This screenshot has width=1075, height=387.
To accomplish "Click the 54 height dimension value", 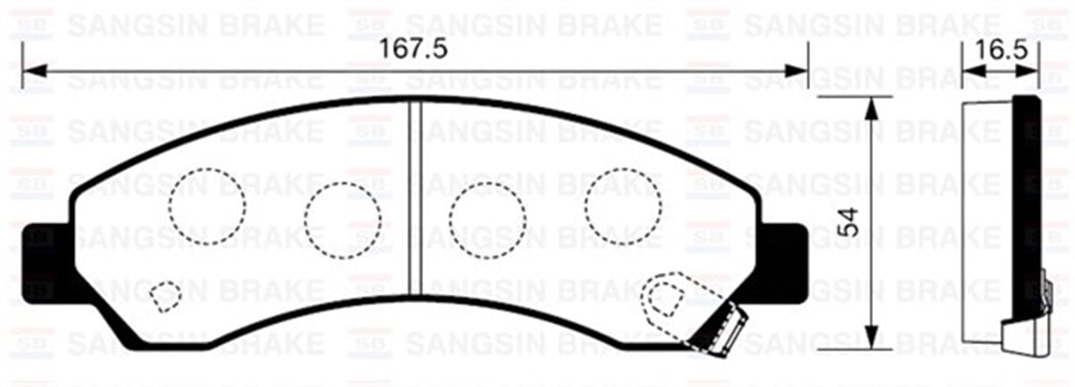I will coord(849,221).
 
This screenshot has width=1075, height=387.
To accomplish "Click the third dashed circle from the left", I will coord(486,219).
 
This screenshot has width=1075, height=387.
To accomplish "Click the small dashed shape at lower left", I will coord(164,295).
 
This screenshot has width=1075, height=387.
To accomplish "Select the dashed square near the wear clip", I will coord(664,297).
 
